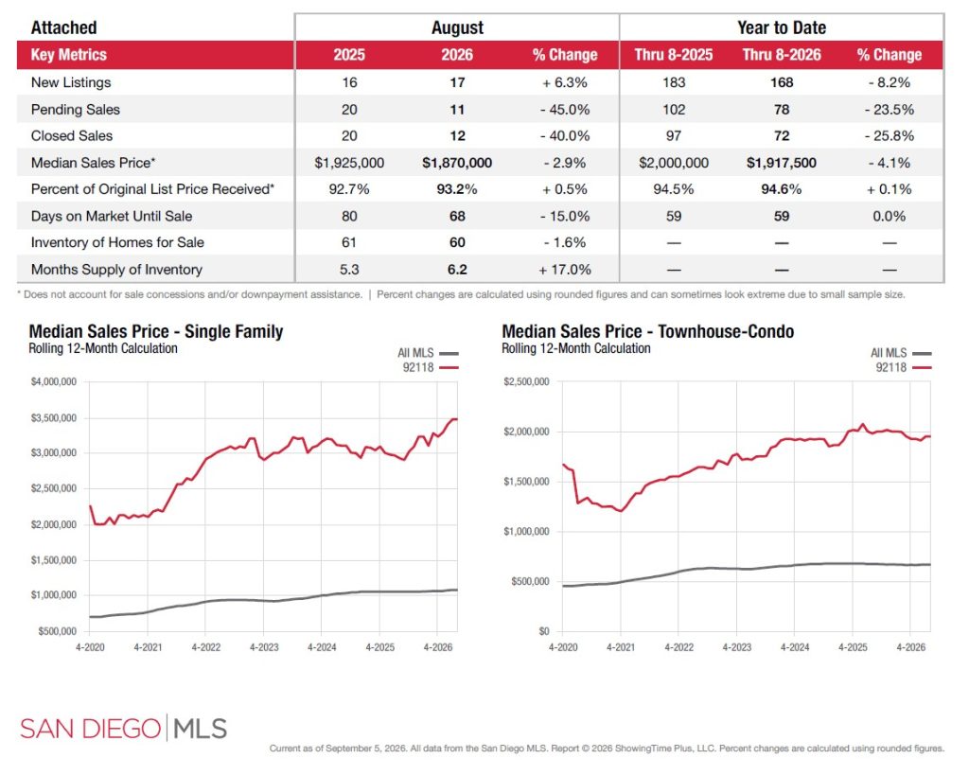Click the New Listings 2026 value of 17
click(457, 82)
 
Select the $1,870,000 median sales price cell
click(457, 163)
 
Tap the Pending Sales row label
click(76, 110)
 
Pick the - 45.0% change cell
click(565, 110)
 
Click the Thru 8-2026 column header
click(782, 55)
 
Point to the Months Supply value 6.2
click(457, 270)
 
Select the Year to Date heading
click(782, 27)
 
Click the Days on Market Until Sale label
click(112, 217)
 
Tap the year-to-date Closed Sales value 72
click(782, 136)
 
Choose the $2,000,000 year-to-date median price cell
click(674, 163)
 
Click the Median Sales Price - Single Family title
click(156, 332)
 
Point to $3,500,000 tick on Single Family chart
click(54, 418)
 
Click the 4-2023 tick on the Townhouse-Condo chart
click(736, 647)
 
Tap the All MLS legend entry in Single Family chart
click(428, 353)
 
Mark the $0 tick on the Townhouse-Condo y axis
click(544, 631)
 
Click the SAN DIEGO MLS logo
click(124, 729)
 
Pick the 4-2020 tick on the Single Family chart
click(90, 647)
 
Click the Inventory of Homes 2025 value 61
click(349, 243)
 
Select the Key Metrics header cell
click(68, 55)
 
